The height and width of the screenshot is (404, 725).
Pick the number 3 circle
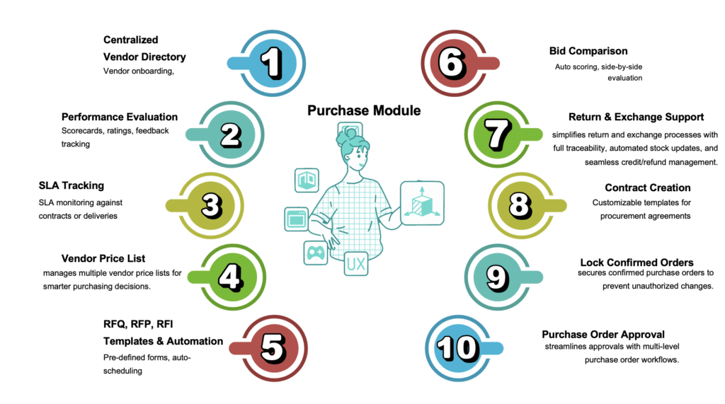(210, 205)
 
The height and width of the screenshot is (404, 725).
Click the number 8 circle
(519, 205)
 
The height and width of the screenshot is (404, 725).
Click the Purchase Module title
(364, 110)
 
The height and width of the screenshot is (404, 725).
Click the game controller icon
(315, 252)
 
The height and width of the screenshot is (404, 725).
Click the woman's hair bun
(351, 131)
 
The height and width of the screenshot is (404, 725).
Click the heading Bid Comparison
(588, 51)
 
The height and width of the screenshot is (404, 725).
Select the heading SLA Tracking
(71, 186)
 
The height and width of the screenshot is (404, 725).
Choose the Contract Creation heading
(647, 188)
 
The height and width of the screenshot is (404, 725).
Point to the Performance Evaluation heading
(120, 117)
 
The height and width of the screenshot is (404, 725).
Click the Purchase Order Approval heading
(603, 334)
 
